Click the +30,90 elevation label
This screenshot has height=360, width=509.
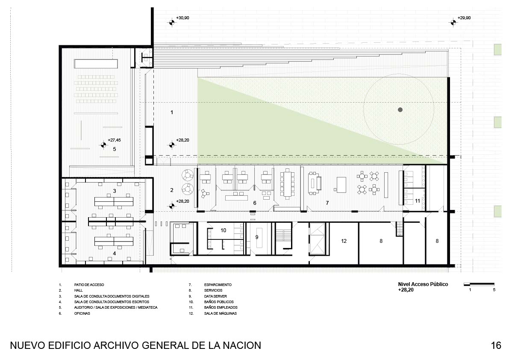(x=182, y=18)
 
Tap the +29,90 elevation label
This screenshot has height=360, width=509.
(x=464, y=18)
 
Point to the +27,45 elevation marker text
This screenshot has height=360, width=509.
(x=114, y=140)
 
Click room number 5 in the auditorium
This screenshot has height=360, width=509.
(x=115, y=149)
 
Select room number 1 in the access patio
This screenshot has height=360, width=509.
(x=172, y=112)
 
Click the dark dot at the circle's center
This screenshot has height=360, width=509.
(x=400, y=110)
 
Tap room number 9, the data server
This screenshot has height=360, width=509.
(x=257, y=237)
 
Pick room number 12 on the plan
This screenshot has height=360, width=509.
(x=344, y=241)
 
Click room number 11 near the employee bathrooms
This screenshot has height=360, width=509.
(x=418, y=201)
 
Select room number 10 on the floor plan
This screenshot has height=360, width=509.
(x=224, y=230)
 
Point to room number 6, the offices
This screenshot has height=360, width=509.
(x=255, y=203)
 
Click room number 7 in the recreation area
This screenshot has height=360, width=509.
(x=327, y=203)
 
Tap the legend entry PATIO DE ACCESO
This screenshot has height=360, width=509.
(x=89, y=285)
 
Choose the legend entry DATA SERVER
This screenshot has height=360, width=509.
(x=215, y=296)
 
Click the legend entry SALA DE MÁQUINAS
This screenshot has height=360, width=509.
(x=221, y=313)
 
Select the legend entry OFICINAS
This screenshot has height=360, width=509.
(x=82, y=313)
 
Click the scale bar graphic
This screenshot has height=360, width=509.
(x=479, y=284)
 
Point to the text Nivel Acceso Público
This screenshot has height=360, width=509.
(x=423, y=284)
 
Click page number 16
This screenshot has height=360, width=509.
(x=496, y=345)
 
